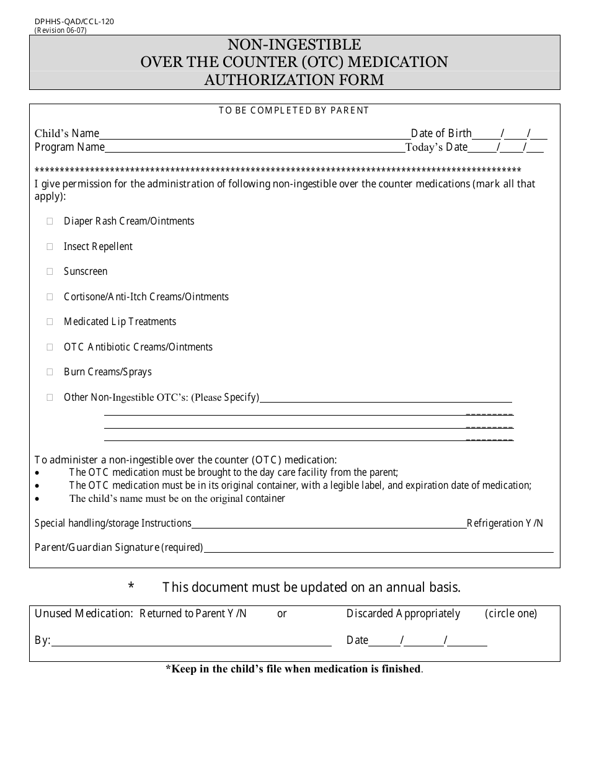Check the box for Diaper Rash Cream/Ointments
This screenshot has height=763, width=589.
[50, 221]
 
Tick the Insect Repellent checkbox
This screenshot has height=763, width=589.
[50, 247]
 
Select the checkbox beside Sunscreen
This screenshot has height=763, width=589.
[50, 272]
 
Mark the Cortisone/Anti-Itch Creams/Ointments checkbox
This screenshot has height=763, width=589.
[50, 297]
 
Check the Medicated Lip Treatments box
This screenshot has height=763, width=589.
[50, 322]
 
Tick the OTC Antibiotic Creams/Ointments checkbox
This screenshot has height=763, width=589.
[50, 347]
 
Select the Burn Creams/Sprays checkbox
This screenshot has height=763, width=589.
[50, 372]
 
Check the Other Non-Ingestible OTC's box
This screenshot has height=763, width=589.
[50, 398]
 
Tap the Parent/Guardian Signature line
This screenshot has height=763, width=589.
[378, 549]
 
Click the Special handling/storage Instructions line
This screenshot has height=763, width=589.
[329, 525]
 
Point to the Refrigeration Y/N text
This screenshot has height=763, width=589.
[505, 523]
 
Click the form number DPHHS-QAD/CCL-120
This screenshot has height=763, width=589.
[74, 21]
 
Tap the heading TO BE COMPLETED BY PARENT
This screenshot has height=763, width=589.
[294, 110]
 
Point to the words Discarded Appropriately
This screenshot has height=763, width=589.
[403, 614]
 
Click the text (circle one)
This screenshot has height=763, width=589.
[511, 614]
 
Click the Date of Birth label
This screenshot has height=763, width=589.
[441, 133]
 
